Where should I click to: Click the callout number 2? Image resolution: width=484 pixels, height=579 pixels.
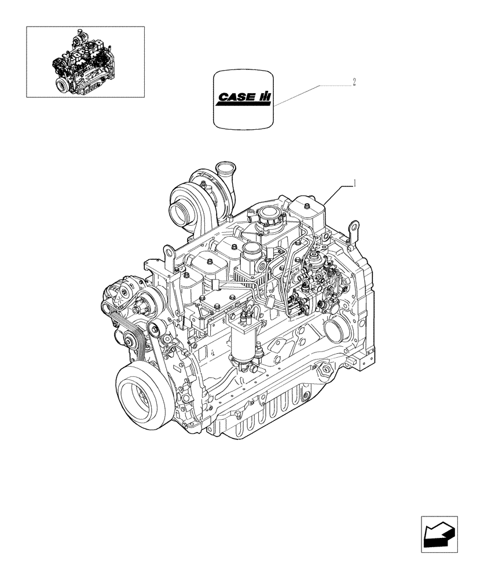(353, 82)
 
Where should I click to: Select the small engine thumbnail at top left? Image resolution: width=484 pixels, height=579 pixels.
(85, 61)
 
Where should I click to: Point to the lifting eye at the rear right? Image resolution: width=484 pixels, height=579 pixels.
(351, 230)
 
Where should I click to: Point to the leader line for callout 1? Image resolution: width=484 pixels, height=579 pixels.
(339, 191)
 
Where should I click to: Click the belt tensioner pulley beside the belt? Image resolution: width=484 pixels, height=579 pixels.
(154, 331)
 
